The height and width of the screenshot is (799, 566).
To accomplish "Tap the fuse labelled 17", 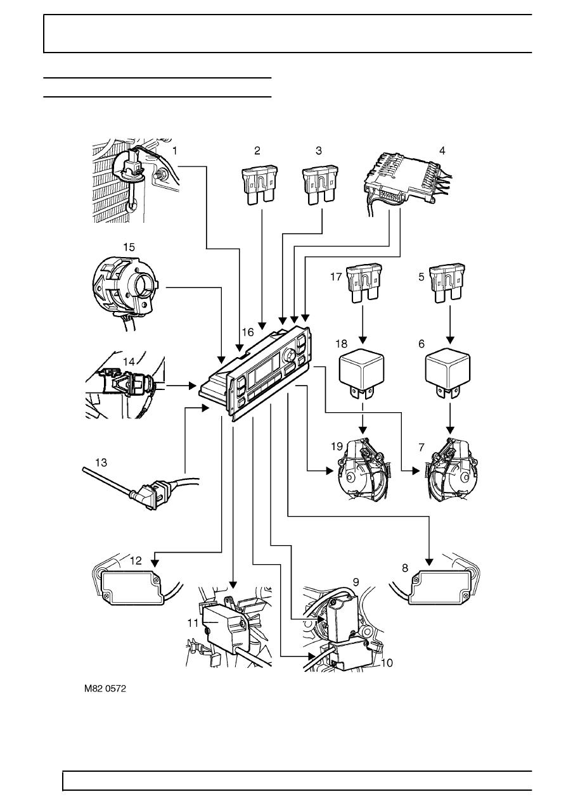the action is point(364,283).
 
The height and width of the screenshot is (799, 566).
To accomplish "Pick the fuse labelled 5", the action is point(447,283).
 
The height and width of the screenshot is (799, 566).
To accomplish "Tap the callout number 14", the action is point(129,362).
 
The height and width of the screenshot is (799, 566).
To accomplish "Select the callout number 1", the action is point(175,151).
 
